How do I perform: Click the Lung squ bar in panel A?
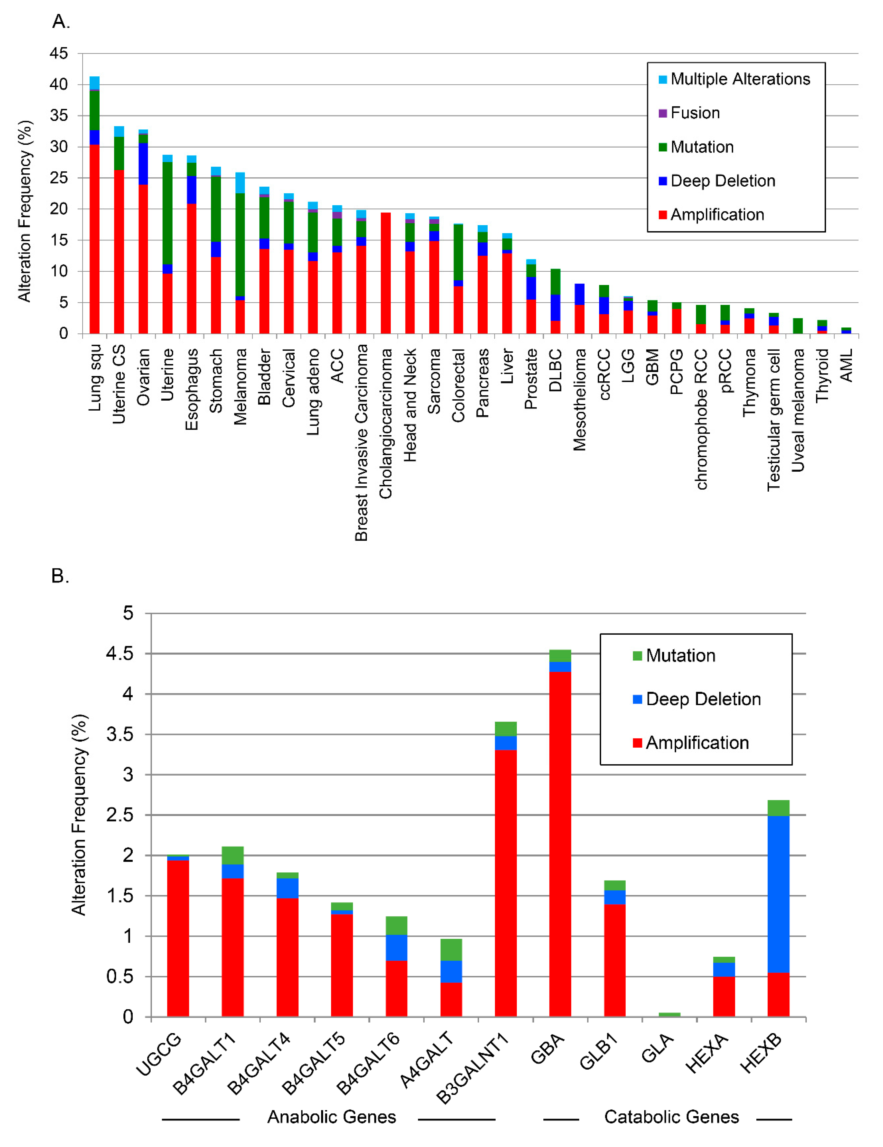pos(94,210)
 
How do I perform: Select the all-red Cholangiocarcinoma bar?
pos(386,273)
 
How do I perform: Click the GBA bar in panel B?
pos(560,840)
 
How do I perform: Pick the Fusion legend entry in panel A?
pos(694,113)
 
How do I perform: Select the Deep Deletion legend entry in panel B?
pos(703,699)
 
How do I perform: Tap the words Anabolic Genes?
pos(331,1117)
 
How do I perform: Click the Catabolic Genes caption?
pos(671,1117)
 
